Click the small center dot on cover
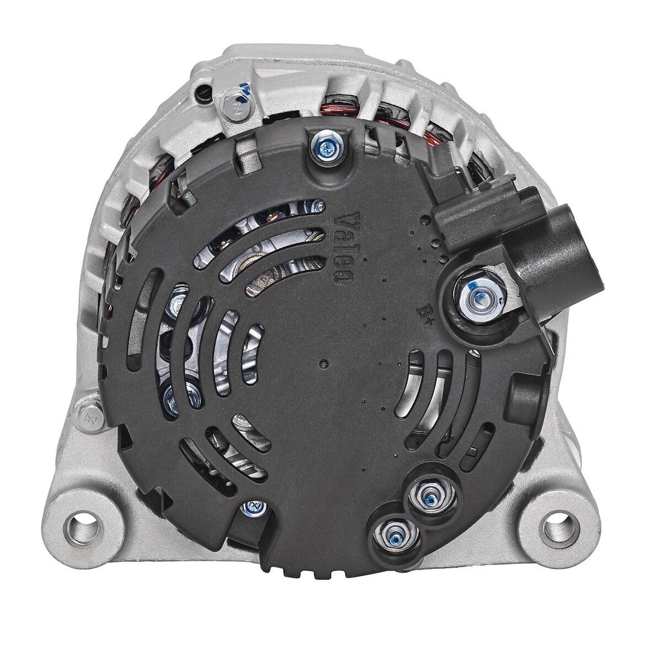323,363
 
